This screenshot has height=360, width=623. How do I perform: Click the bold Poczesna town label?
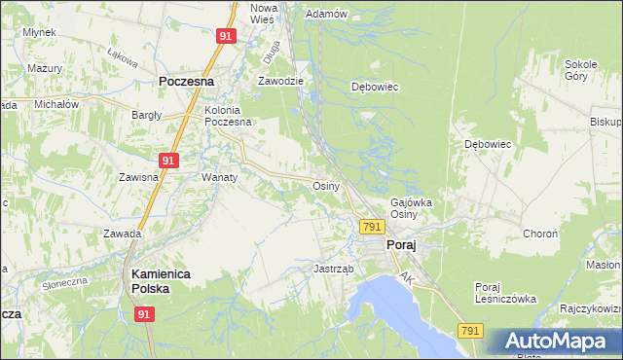[186, 83]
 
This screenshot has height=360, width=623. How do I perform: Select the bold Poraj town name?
[401, 246]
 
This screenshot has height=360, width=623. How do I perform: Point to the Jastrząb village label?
[333, 269]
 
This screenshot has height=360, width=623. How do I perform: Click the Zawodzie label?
[281, 82]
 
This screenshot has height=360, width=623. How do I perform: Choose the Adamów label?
[326, 14]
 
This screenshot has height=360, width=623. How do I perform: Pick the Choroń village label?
[540, 234]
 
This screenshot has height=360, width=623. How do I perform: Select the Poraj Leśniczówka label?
[505, 293]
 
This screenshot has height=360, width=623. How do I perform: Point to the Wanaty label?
[220, 178]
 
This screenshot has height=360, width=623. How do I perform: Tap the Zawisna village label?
[138, 178]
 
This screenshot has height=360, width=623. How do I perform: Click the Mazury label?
[45, 69]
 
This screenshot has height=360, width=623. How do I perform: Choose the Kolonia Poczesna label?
[228, 116]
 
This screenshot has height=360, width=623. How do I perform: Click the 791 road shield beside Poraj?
[370, 227]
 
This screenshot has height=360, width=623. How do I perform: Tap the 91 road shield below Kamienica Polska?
[144, 315]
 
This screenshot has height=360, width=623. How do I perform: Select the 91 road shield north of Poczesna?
[225, 36]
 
